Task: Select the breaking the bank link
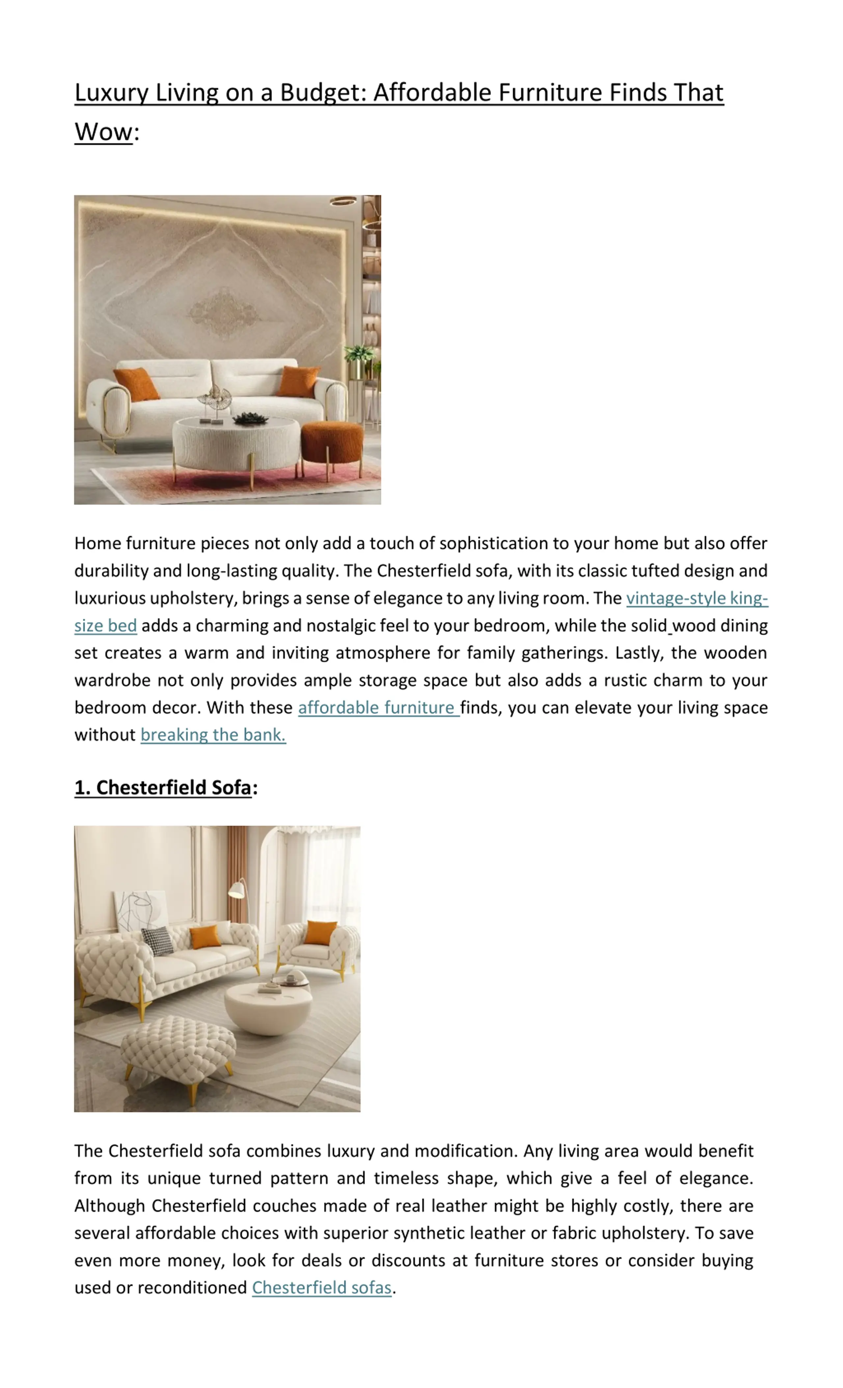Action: (x=213, y=735)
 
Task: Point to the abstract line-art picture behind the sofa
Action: (x=141, y=909)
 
